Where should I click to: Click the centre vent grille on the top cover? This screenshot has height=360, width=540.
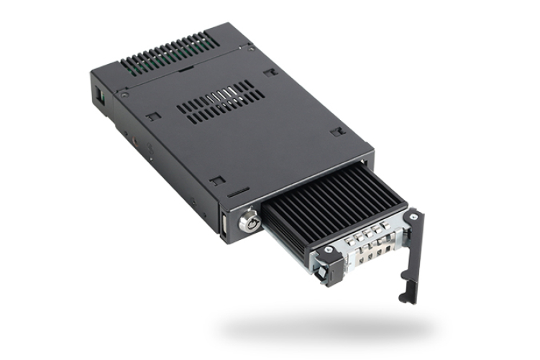point(216,100)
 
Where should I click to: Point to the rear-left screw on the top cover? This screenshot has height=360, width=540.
point(125,95)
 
